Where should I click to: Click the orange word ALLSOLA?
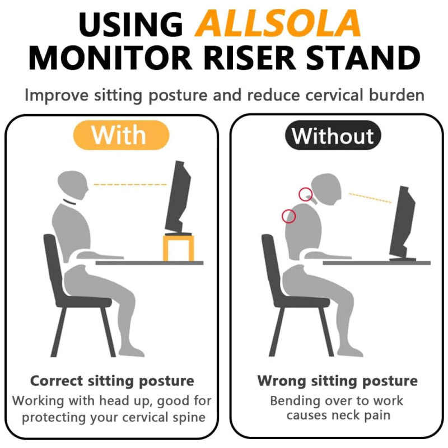[277, 23]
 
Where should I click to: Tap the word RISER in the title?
[248, 58]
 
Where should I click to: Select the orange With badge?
[121, 135]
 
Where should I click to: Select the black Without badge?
[333, 135]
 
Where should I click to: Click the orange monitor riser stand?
[179, 248]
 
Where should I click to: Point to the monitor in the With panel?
[178, 198]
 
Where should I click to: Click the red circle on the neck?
[305, 194]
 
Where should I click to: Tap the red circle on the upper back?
[288, 216]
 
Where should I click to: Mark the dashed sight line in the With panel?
[130, 185]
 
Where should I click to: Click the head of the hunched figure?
[326, 189]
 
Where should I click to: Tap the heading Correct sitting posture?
[112, 381]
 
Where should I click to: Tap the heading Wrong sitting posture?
[338, 381]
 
